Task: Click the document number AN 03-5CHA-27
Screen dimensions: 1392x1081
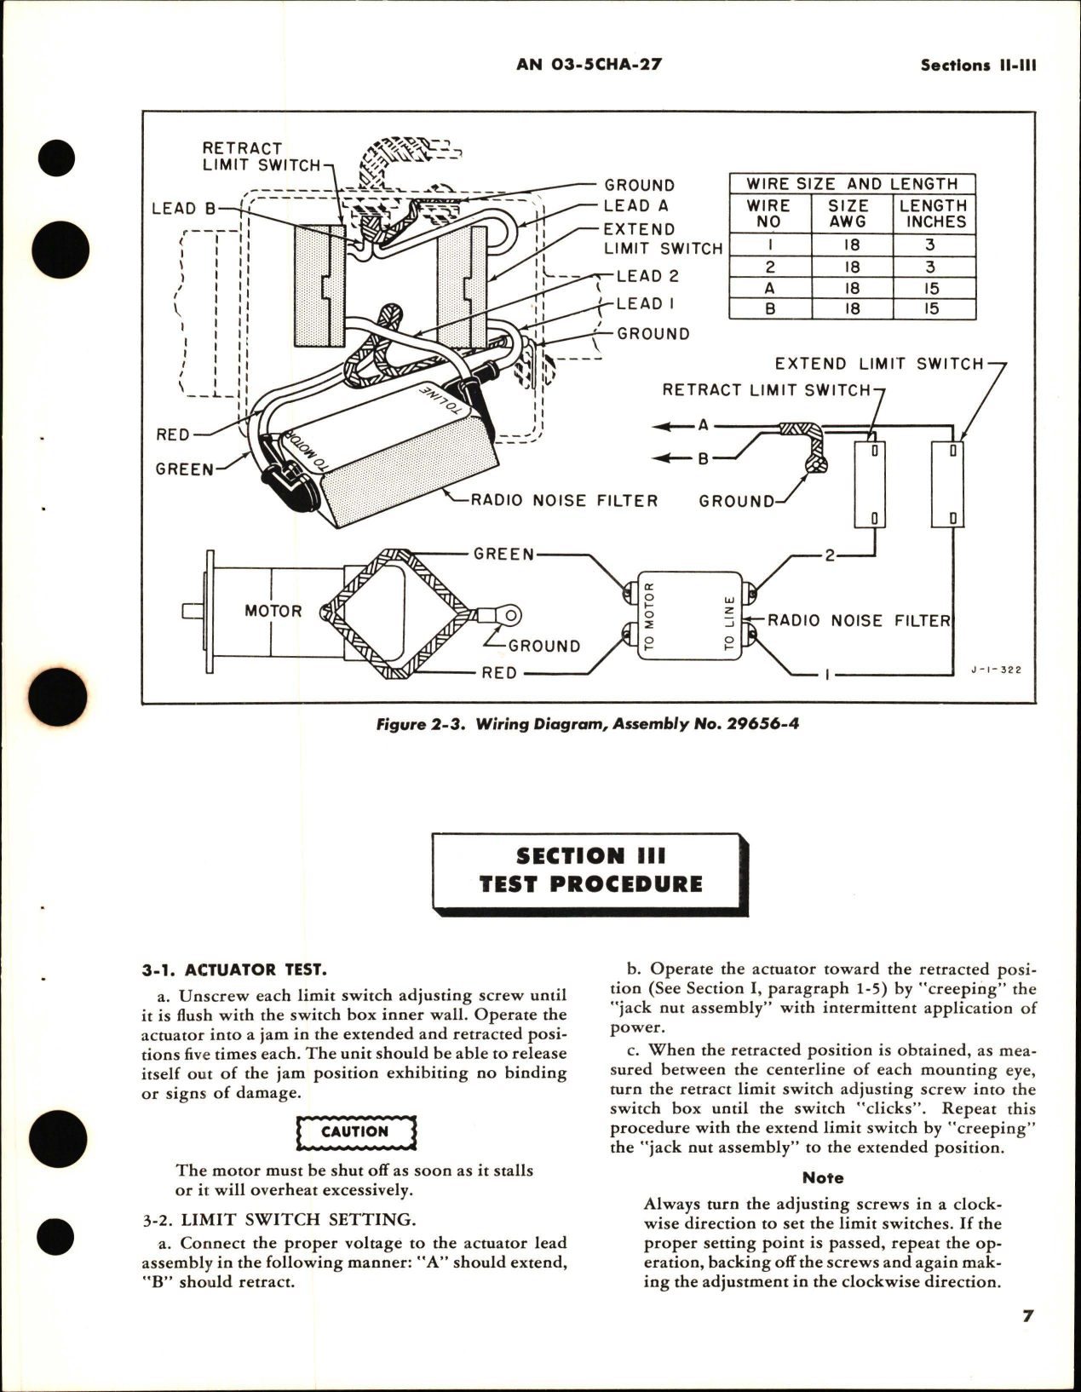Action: pyautogui.click(x=589, y=65)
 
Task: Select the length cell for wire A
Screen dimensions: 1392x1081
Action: pyautogui.click(x=931, y=288)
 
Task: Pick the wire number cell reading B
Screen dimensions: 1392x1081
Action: pyautogui.click(x=769, y=309)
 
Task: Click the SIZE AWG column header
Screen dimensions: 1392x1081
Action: pyautogui.click(x=848, y=214)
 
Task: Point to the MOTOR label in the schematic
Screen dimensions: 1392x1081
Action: pyautogui.click(x=273, y=611)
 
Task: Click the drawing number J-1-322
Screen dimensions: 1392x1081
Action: pyautogui.click(x=995, y=670)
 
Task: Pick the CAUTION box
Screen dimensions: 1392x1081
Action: pyautogui.click(x=355, y=1132)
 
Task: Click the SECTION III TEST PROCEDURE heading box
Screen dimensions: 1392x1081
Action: pyautogui.click(x=589, y=870)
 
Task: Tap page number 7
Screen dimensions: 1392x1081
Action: pyautogui.click(x=1028, y=1316)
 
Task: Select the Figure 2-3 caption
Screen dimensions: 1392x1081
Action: pyautogui.click(x=588, y=725)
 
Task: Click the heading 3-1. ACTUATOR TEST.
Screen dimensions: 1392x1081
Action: pyautogui.click(x=234, y=969)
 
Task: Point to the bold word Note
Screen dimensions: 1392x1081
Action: pyautogui.click(x=823, y=1178)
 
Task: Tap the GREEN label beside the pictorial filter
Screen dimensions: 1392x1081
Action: pyautogui.click(x=184, y=469)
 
